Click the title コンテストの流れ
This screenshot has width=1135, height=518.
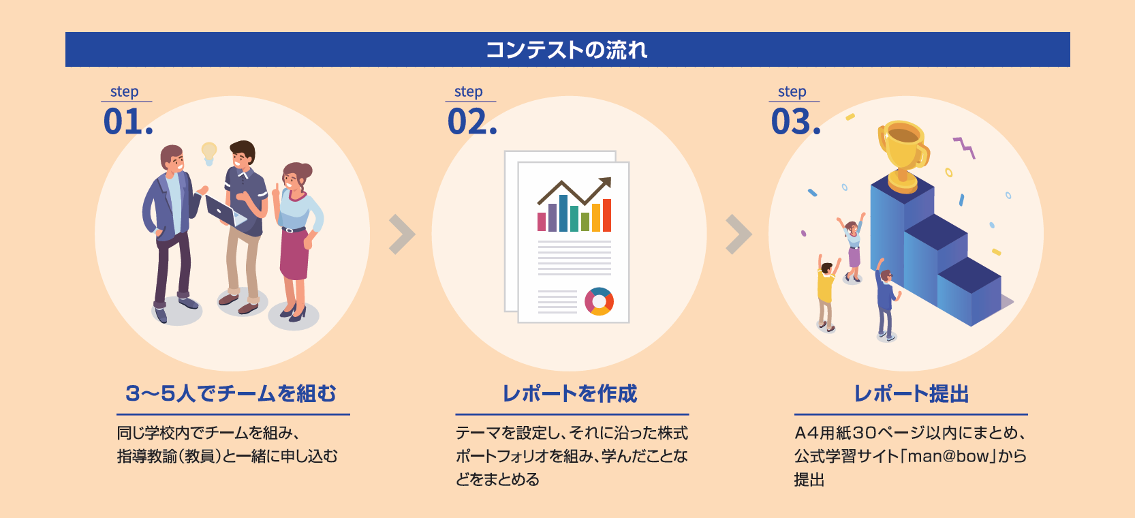567,50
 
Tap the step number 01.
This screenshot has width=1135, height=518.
127,122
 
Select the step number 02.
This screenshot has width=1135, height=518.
471,122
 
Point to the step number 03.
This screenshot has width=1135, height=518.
796,122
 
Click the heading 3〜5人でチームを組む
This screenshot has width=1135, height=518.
231,394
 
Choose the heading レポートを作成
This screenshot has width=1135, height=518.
570,394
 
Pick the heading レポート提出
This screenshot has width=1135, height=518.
911,394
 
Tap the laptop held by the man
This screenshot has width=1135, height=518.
223,211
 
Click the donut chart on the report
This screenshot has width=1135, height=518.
599,301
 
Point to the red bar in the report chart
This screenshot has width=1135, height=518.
606,215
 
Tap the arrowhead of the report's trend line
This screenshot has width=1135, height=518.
606,183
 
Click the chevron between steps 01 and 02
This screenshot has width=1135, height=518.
403,234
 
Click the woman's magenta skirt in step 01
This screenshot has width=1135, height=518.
294,254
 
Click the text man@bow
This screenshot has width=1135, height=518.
948,456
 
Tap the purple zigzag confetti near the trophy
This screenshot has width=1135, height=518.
964,147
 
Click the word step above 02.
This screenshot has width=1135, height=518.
468,92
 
